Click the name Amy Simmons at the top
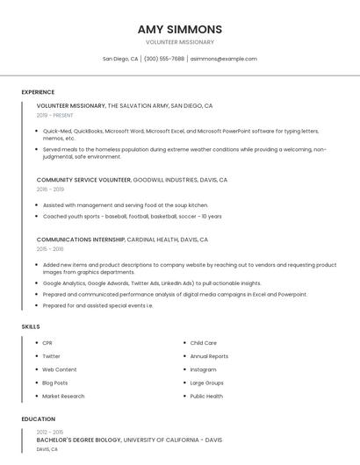(179, 29)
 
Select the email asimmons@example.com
(224, 59)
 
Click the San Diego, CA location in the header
(120, 59)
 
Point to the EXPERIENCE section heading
(38, 92)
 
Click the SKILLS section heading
(31, 326)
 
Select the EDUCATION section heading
(39, 419)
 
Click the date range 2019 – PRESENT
(55, 115)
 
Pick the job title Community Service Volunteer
(83, 180)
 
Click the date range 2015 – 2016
(50, 249)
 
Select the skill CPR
(47, 343)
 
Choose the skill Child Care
(203, 343)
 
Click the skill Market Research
(63, 396)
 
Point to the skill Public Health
(206, 396)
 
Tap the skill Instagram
(203, 369)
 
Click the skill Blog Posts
(54, 383)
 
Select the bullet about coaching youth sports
(132, 216)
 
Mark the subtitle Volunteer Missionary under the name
(179, 42)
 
